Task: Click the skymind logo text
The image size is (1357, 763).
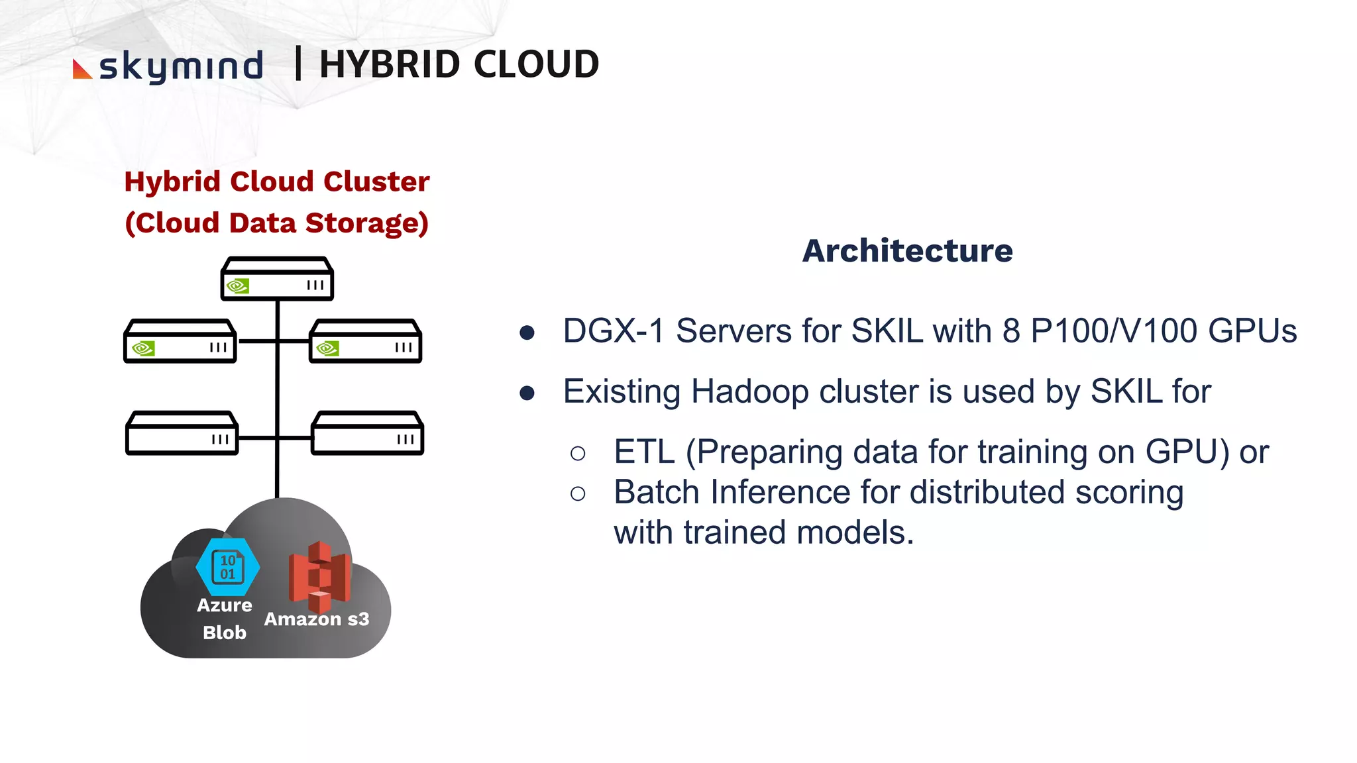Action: tap(180, 66)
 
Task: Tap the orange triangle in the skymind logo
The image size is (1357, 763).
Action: tap(81, 70)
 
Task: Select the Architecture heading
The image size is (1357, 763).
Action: tap(907, 251)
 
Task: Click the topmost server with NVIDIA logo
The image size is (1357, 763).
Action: tap(277, 279)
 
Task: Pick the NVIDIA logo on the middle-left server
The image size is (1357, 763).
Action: tap(143, 348)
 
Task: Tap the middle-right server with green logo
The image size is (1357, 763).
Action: tap(365, 341)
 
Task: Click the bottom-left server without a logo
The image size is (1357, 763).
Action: tap(182, 433)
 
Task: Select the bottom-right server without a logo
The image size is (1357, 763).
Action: tap(367, 433)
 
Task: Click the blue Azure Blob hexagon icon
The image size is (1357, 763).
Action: tap(227, 567)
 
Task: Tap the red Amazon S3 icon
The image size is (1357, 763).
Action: tap(319, 576)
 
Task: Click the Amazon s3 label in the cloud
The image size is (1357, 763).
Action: tap(317, 619)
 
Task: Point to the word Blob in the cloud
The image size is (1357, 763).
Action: tap(225, 633)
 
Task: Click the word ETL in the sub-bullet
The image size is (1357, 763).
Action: tap(644, 452)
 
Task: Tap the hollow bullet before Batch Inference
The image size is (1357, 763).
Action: tap(578, 493)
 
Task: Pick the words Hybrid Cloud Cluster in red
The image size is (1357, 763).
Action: tap(277, 182)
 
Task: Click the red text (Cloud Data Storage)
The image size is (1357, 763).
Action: tap(277, 223)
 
